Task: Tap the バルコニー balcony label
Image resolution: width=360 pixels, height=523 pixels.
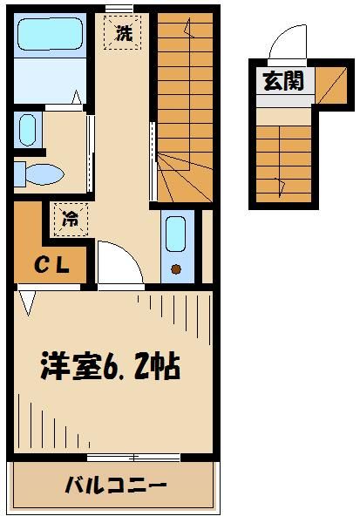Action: (115, 484)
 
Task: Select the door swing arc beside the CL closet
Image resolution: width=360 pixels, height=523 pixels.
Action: (118, 261)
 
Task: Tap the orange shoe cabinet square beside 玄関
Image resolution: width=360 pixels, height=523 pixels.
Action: (329, 82)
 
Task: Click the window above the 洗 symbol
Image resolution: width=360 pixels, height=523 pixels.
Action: (119, 9)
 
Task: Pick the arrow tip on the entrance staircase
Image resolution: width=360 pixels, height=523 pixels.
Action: (279, 182)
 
